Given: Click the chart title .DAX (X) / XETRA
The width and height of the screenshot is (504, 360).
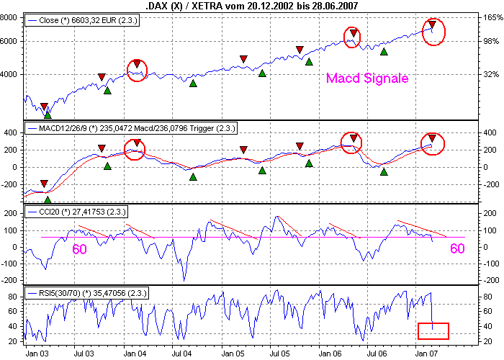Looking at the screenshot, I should (252, 6).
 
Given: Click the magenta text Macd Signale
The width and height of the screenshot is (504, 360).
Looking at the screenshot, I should (367, 78).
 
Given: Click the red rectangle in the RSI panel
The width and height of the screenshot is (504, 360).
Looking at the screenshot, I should (433, 330).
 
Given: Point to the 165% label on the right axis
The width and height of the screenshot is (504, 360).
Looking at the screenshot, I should (491, 19).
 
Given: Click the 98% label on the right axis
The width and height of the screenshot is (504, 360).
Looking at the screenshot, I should (491, 41).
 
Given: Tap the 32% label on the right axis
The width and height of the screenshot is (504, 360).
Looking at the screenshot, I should (491, 74).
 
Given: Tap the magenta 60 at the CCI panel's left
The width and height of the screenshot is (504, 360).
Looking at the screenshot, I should (81, 248).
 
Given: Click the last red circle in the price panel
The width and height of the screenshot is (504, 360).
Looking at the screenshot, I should (433, 32).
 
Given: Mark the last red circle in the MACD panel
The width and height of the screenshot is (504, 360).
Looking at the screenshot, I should (433, 143).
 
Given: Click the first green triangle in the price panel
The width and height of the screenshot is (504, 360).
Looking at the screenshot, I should (48, 114).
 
